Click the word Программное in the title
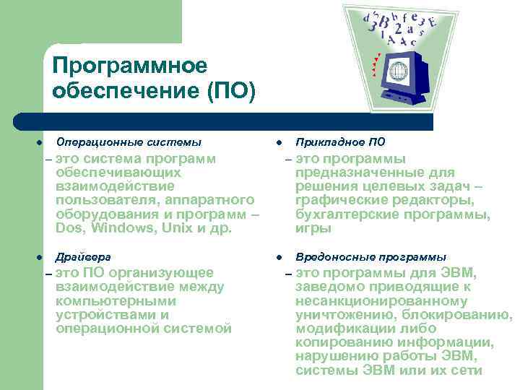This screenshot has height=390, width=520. coord(130,66)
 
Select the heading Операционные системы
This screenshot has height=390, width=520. coord(129,142)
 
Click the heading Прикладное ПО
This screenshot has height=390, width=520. coord(341,142)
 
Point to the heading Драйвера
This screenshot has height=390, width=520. coord(84,257)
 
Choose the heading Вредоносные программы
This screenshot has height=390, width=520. coord(370,257)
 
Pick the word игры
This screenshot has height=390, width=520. coord(313,229)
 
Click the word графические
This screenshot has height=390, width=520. coord(341,200)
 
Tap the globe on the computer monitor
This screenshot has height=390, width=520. coord(399,71)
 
